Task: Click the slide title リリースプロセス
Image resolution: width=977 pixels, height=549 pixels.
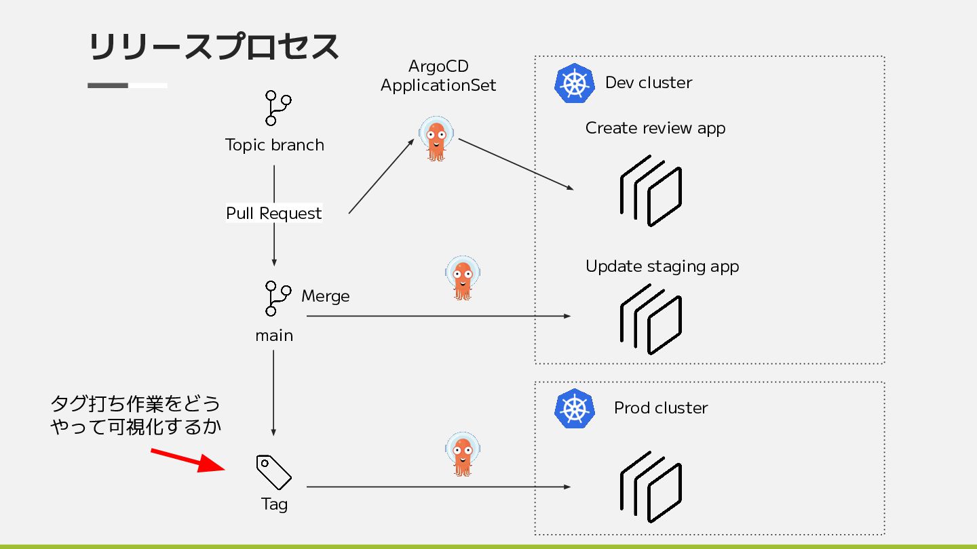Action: pyautogui.click(x=214, y=46)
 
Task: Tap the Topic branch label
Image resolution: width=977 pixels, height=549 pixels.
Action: pyautogui.click(x=274, y=145)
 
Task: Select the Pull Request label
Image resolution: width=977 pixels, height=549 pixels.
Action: pyautogui.click(x=274, y=213)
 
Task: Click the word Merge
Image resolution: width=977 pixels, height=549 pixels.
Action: pyautogui.click(x=326, y=296)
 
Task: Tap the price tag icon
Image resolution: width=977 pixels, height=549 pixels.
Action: pyautogui.click(x=273, y=472)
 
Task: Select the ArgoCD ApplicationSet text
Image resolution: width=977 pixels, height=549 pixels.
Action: pyautogui.click(x=438, y=76)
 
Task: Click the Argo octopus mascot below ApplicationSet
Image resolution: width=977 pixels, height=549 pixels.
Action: pyautogui.click(x=436, y=138)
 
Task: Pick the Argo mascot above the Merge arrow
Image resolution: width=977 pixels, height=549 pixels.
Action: pyautogui.click(x=463, y=278)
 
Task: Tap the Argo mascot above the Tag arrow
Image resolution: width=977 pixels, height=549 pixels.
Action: pyautogui.click(x=463, y=454)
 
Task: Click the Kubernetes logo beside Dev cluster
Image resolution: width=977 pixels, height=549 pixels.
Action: pyautogui.click(x=575, y=83)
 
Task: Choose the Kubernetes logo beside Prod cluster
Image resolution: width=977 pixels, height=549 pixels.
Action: pyautogui.click(x=575, y=408)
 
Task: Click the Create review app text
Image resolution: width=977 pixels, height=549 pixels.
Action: pyautogui.click(x=655, y=128)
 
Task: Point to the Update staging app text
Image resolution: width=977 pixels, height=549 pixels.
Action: pyautogui.click(x=662, y=266)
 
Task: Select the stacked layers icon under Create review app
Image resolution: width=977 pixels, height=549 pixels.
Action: pyautogui.click(x=651, y=191)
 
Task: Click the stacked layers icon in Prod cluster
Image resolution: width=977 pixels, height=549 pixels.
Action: pyautogui.click(x=651, y=487)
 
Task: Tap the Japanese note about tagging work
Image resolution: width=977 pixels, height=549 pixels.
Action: pyautogui.click(x=136, y=415)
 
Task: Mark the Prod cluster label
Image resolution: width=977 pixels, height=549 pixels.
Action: pyautogui.click(x=661, y=408)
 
